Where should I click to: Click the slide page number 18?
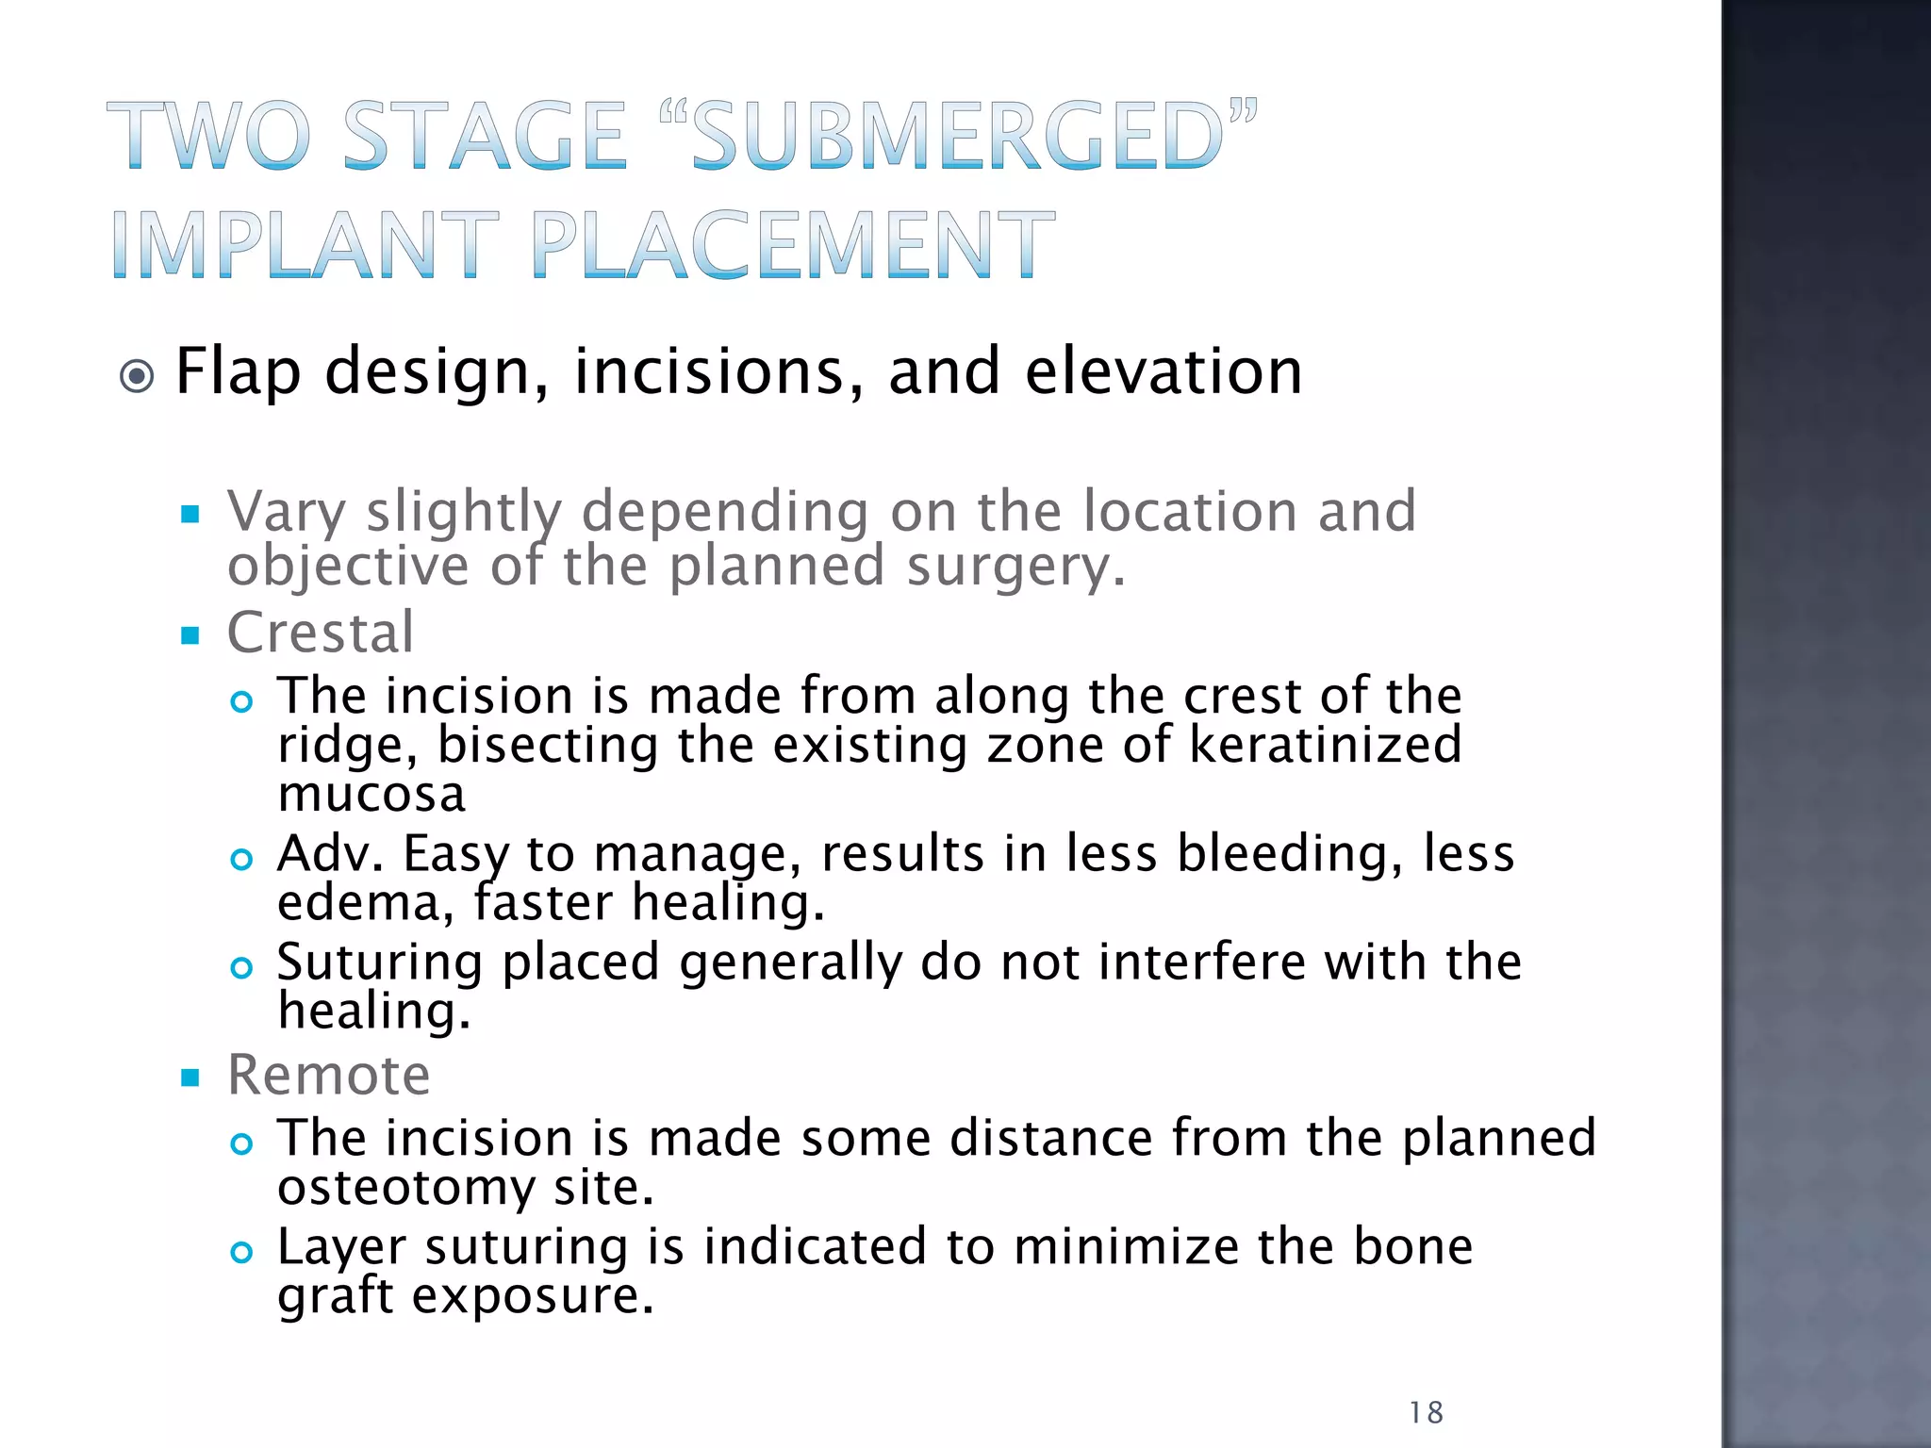point(1426,1412)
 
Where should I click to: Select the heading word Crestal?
point(321,633)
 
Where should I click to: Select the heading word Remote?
point(328,1075)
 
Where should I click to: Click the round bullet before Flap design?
point(138,377)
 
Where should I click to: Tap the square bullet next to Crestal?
point(191,636)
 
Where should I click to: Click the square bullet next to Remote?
point(191,1078)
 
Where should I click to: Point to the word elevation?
point(1163,371)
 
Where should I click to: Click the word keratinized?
point(1325,745)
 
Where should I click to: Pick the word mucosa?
point(371,794)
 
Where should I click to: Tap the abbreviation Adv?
point(330,854)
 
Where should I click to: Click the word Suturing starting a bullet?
point(380,963)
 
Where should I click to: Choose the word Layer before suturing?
point(340,1248)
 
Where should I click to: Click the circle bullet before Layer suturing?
point(242,1252)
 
